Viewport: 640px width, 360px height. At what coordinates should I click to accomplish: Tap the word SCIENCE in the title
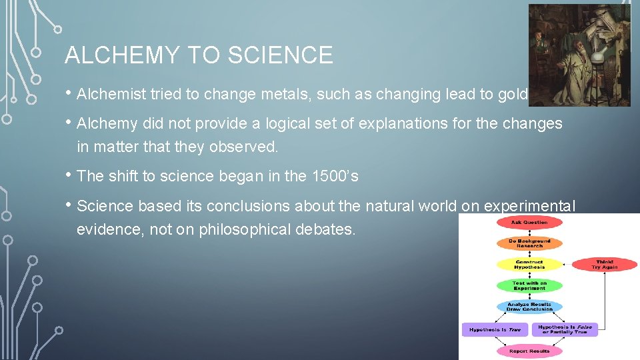279,55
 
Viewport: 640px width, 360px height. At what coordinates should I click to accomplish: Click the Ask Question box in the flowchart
529,223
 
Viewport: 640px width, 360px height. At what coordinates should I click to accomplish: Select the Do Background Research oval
529,243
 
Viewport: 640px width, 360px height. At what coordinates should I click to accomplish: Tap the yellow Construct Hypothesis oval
529,265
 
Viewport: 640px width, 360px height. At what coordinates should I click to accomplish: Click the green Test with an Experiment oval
529,285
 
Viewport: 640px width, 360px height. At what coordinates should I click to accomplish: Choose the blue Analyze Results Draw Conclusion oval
529,307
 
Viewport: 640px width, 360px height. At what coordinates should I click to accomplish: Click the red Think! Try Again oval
604,265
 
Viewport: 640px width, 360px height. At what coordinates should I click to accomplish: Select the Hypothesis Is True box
495,329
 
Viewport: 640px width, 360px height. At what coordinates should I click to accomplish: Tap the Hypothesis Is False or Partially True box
564,329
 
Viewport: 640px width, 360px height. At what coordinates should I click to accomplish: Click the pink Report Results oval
529,351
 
